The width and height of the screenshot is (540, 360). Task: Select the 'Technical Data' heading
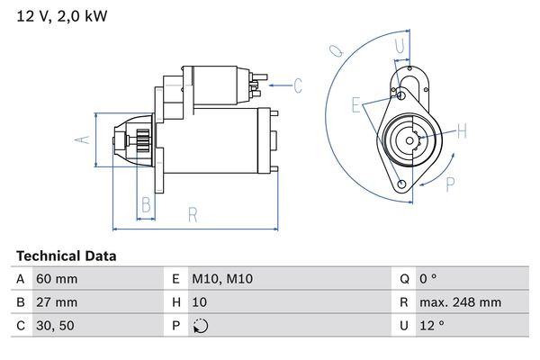66,256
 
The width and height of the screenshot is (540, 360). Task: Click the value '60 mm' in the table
56,280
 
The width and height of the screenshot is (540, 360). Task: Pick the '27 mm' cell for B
56,303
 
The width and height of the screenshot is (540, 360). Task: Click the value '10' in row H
201,303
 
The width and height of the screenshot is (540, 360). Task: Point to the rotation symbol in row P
200,327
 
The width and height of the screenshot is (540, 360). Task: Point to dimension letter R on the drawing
192,214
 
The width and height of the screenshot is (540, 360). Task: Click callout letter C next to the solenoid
298,85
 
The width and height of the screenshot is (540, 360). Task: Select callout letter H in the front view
463,132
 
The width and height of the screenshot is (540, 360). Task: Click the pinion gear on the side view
142,142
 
